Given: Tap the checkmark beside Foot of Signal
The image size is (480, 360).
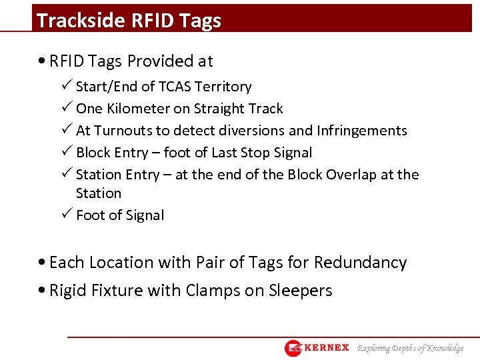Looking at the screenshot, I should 67,215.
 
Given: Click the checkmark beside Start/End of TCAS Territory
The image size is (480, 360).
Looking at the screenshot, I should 67,86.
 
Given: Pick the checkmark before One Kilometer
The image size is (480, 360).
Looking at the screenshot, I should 67,108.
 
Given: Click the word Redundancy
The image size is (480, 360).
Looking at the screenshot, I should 360,263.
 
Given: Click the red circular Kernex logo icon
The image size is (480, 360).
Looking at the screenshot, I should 293,348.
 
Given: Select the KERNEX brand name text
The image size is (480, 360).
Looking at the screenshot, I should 326,348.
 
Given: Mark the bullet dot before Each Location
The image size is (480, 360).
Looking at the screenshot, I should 42,263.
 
